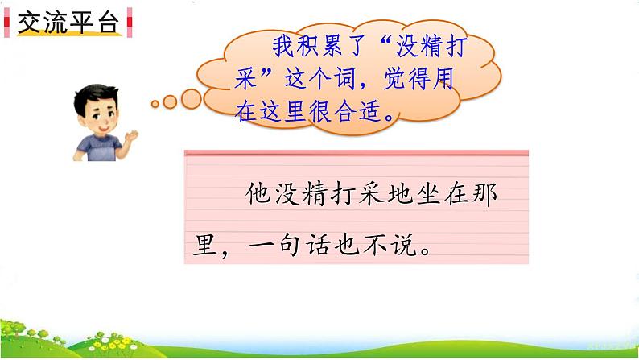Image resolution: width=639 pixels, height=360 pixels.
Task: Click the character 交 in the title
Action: [x=30, y=24]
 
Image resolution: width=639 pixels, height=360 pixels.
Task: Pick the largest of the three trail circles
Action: [x=191, y=98]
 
